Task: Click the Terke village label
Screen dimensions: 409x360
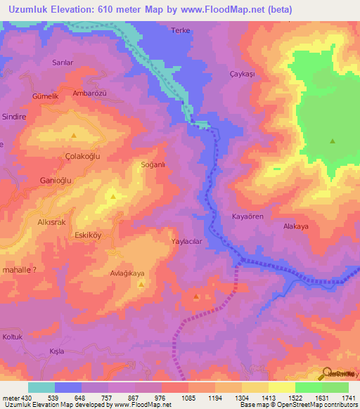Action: tap(181, 31)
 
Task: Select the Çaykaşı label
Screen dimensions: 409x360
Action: tap(241, 74)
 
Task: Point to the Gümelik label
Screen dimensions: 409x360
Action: tap(44, 96)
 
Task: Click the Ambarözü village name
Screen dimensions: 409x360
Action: tap(89, 93)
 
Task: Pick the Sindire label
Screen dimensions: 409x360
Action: tap(14, 117)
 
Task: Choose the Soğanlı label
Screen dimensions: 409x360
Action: tap(153, 164)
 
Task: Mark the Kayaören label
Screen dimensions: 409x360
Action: tap(247, 216)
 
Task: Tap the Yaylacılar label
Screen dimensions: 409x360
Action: tap(187, 240)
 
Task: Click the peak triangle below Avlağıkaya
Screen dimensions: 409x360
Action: tap(141, 285)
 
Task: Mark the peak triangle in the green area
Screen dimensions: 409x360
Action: tap(332, 141)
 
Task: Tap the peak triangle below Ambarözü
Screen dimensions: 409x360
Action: tap(73, 135)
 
